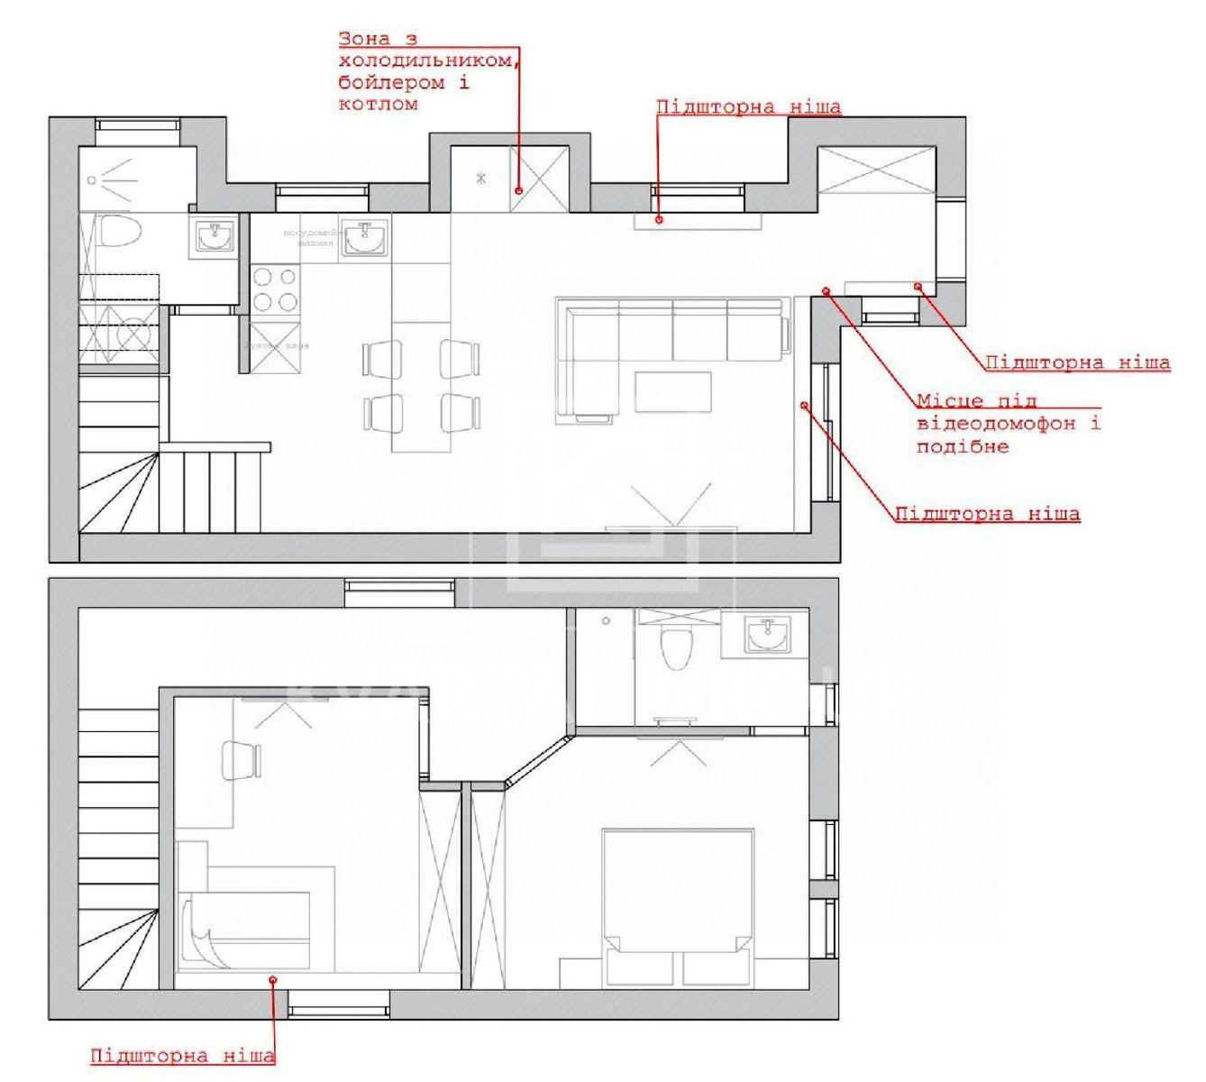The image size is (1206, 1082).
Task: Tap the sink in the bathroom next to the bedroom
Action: pos(769,634)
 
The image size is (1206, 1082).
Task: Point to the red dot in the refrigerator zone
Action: pos(520,190)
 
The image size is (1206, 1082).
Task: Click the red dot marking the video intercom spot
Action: pos(827,289)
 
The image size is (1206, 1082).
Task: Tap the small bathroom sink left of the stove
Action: pos(215,237)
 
